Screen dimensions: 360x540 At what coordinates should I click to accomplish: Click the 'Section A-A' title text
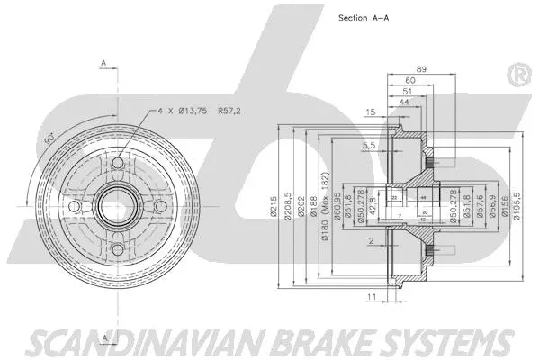(x=363, y=18)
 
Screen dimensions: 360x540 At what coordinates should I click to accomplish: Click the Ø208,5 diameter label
(x=287, y=209)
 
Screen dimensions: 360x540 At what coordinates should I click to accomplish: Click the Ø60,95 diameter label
(x=337, y=209)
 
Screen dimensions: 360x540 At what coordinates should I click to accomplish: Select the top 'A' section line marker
(x=104, y=63)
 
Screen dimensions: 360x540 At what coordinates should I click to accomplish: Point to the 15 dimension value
(x=370, y=112)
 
